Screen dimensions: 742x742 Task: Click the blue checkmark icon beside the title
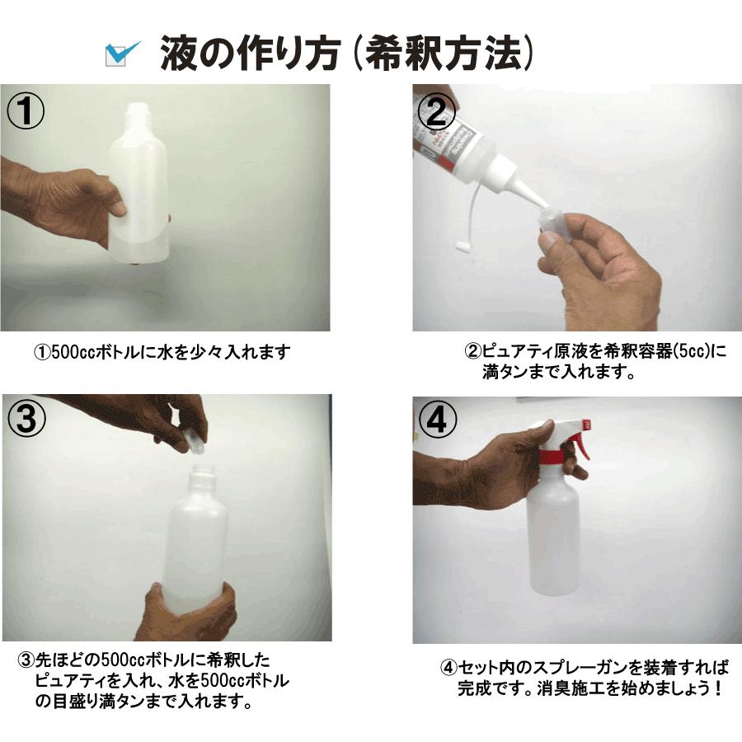tap(123, 54)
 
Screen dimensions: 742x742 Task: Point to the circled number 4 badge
tap(438, 420)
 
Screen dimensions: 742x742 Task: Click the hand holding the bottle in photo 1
tap(78, 202)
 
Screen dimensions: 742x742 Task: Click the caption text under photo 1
tap(162, 352)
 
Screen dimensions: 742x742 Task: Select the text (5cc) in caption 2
tap(690, 352)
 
